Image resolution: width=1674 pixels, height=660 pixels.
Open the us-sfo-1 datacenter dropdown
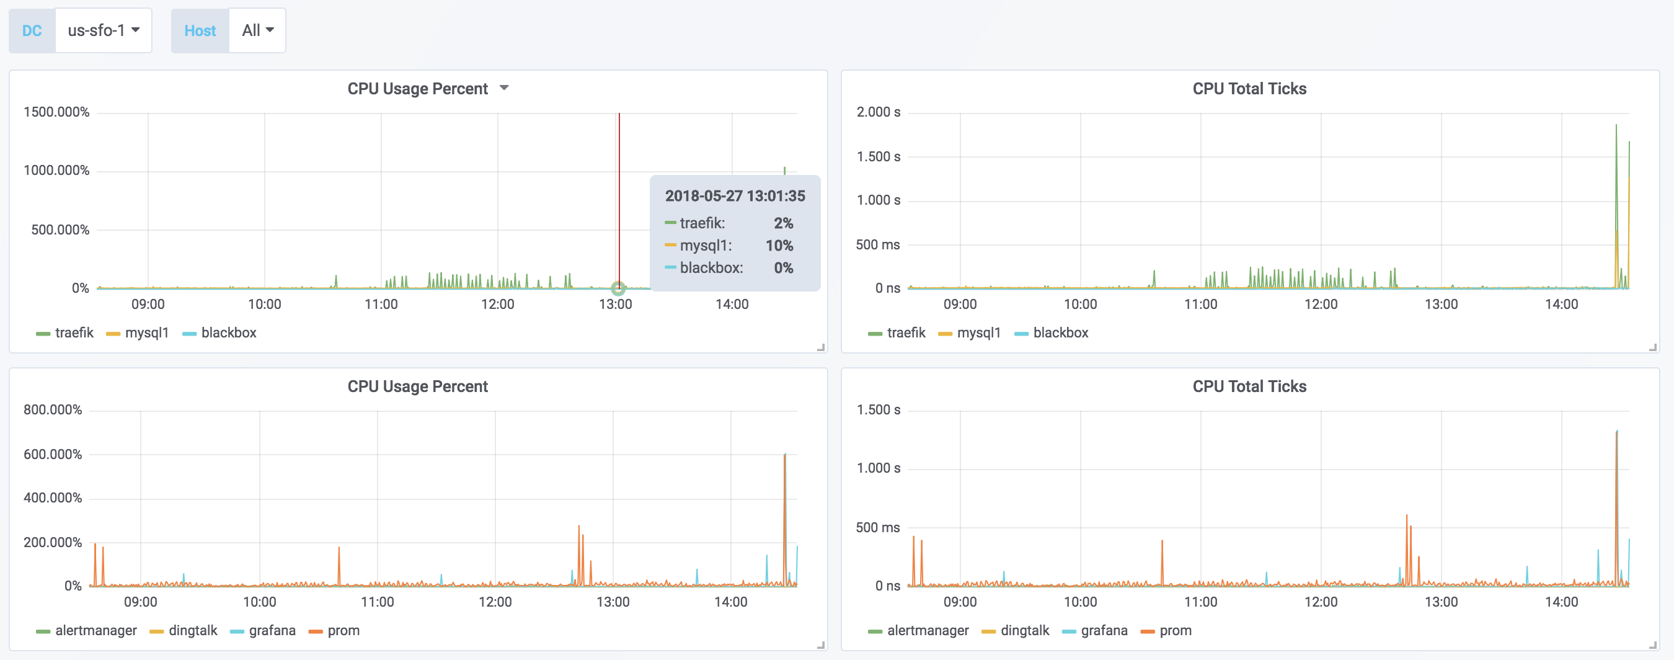click(x=104, y=30)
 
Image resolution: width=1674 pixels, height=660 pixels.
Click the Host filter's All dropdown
click(x=257, y=30)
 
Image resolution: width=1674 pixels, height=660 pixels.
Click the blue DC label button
click(x=32, y=30)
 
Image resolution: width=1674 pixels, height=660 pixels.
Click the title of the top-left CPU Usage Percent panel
click(x=417, y=89)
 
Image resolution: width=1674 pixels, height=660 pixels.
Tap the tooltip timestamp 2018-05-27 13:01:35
click(x=734, y=196)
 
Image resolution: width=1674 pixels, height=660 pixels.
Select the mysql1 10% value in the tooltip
click(x=779, y=245)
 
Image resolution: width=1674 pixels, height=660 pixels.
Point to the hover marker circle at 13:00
click(x=618, y=287)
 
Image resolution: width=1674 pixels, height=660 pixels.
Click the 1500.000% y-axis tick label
click(x=56, y=112)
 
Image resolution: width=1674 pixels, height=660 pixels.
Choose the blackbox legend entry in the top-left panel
click(x=228, y=332)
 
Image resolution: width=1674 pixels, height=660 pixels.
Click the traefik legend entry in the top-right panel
click(x=905, y=332)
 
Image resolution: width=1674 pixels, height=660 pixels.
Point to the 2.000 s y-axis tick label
click(x=878, y=112)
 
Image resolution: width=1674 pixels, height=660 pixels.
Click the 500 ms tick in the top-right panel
click(x=877, y=244)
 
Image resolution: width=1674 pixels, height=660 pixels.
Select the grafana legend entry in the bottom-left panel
click(x=272, y=630)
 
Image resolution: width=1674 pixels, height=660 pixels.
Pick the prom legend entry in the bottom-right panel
click(x=1175, y=630)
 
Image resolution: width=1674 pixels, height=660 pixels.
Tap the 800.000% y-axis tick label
click(x=53, y=409)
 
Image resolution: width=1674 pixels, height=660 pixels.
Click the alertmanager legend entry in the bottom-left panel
click(x=95, y=630)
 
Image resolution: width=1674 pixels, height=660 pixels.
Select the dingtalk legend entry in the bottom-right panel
click(x=1024, y=630)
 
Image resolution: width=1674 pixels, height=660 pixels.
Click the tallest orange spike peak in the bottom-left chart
click(x=784, y=455)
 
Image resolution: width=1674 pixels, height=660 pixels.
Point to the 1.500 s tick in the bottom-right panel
click(x=878, y=409)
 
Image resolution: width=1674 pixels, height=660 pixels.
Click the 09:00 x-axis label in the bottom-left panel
click(x=140, y=602)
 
